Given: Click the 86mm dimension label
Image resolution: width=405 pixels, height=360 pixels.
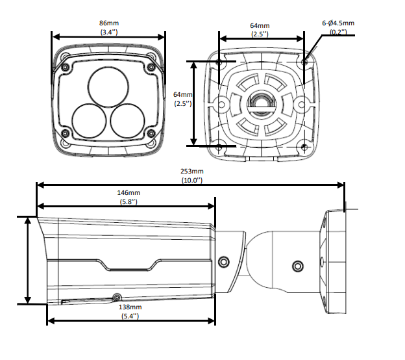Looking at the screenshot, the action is point(109,23).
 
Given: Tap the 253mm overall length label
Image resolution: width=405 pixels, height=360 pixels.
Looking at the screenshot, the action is point(192,171).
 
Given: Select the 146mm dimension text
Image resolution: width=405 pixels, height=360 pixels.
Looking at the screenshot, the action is point(129,193).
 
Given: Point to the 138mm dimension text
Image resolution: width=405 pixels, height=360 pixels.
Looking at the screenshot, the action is point(130,307).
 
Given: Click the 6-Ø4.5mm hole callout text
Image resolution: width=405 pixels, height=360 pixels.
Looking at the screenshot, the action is point(338,23).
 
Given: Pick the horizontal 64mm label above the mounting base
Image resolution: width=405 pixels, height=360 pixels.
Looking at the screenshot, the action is point(260,25).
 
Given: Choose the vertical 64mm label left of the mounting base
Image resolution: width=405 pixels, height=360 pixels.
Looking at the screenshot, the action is point(182,94).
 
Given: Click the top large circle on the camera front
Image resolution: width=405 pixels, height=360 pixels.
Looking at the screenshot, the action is point(108,86).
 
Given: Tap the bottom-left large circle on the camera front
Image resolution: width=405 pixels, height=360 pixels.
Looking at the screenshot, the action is point(89,122).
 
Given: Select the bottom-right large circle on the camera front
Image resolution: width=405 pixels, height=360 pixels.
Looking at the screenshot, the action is point(127,122).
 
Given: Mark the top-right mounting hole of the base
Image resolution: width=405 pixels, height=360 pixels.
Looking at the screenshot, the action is point(304,62).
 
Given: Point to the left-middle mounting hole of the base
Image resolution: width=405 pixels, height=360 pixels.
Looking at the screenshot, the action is point(221,105).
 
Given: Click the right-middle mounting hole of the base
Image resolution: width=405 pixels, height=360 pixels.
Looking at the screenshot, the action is point(301,105).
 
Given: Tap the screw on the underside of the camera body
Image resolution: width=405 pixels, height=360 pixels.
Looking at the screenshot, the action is point(117,298).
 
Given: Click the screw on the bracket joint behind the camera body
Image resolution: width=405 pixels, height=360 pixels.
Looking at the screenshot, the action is point(224,262).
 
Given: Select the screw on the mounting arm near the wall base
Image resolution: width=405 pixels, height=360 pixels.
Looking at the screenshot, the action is point(297,266).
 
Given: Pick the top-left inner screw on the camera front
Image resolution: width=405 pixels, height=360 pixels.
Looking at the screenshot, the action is point(66,67).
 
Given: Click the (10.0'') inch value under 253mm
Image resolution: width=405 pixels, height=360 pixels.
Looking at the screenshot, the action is point(192,180).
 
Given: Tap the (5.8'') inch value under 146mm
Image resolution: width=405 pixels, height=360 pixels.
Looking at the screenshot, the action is point(129,201).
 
